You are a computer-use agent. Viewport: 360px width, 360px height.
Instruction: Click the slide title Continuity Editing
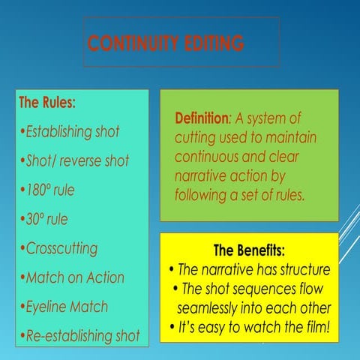coord(166,43)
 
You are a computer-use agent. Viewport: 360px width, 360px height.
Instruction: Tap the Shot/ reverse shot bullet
coord(76,160)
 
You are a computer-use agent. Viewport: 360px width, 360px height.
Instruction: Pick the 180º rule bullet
coord(49,190)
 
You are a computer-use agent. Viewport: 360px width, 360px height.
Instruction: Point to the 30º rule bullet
coord(46,219)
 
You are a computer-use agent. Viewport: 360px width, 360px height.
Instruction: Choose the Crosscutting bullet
coord(61,248)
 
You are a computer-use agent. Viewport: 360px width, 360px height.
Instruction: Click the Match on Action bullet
coord(75,277)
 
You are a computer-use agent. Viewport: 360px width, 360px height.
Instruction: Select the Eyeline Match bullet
coord(66,306)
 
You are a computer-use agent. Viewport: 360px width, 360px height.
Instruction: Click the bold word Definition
coord(202,118)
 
